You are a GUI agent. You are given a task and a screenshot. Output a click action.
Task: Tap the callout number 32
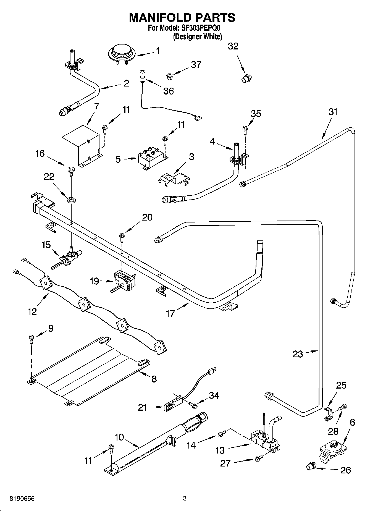[233, 46]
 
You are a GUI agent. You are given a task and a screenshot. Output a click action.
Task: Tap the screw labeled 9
[31, 339]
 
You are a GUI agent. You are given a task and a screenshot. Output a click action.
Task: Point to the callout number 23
[298, 354]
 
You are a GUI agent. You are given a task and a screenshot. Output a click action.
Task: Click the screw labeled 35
[245, 130]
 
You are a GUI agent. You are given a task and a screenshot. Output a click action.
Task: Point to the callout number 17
[170, 313]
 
